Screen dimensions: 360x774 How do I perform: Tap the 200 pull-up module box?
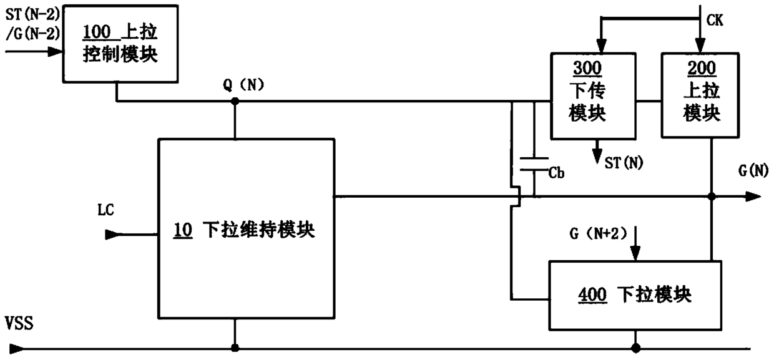click(700, 96)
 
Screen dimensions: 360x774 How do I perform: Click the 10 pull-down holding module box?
click(245, 228)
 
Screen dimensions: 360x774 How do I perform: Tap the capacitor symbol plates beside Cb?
click(534, 164)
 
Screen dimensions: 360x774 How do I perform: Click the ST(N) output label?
click(625, 163)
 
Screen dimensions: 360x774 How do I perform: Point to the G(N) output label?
click(750, 170)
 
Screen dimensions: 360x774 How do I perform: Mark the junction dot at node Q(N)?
click(235, 101)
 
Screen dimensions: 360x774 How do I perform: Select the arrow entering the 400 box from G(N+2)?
click(635, 253)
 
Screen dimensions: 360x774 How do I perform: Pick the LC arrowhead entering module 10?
click(111, 235)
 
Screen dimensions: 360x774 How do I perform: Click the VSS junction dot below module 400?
click(635, 348)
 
